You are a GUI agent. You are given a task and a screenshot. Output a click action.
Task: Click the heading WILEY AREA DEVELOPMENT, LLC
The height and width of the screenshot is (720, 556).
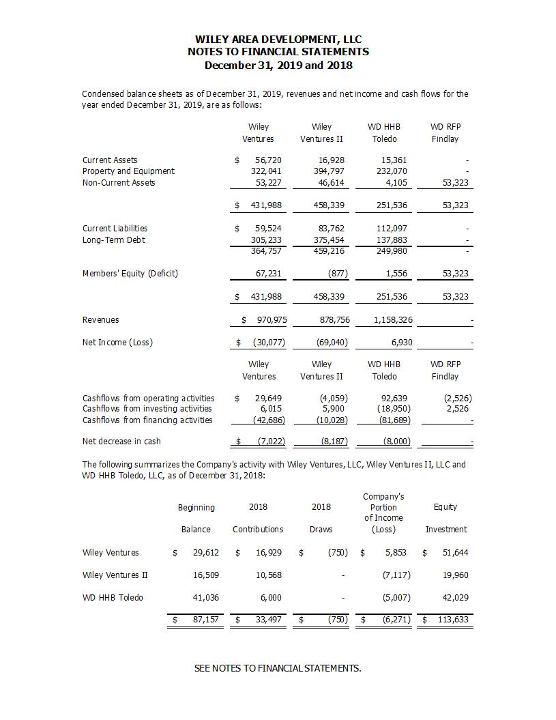[x=278, y=40]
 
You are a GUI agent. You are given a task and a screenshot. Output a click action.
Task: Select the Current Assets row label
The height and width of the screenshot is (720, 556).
[x=110, y=160]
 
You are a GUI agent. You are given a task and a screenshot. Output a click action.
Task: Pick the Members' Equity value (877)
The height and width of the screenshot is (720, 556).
[x=336, y=274]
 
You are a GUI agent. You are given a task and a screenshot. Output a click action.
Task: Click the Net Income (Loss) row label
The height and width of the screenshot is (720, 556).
[x=117, y=343]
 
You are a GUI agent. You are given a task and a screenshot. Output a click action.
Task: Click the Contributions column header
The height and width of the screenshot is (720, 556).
[x=258, y=529]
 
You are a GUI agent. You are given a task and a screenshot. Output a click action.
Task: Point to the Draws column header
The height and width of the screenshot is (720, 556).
[x=321, y=529]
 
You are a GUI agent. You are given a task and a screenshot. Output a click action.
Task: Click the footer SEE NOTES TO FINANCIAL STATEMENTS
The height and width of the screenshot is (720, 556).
[x=278, y=668]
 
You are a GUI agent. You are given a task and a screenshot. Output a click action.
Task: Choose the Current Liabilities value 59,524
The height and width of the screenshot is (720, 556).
[x=267, y=229]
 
